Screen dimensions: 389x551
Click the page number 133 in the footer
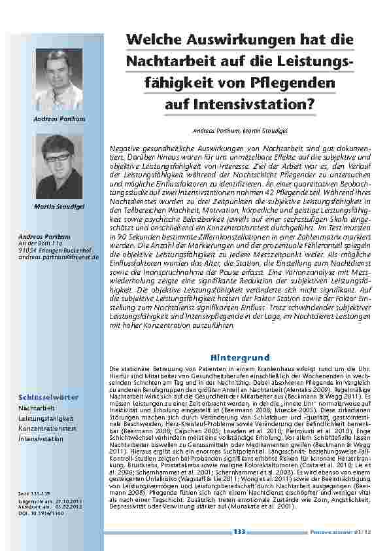[239, 533]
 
